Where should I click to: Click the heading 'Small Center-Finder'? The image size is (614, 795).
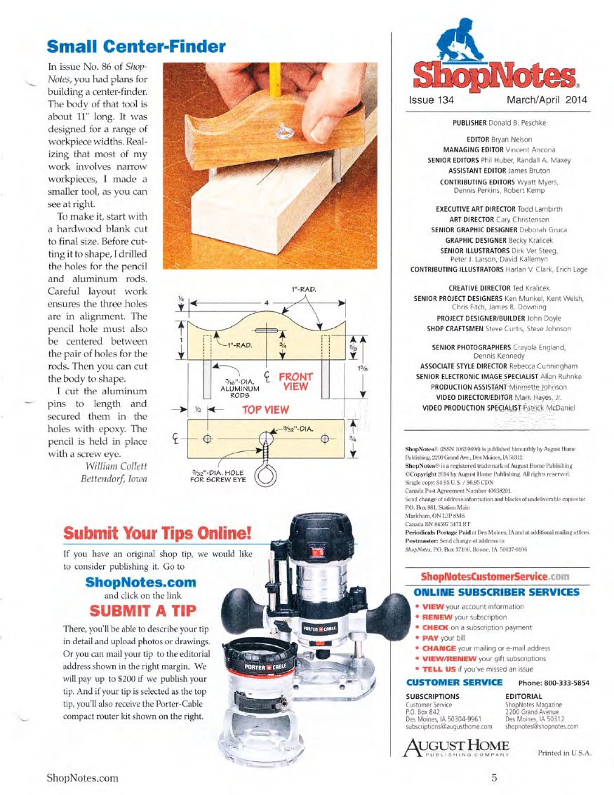point(136,47)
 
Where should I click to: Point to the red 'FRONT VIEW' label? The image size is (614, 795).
point(295,381)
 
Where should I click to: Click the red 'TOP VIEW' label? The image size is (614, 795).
point(266,409)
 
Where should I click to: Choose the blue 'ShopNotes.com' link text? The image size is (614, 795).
point(140,582)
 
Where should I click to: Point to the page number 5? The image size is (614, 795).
point(495,777)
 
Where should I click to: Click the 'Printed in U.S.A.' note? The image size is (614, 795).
point(564,753)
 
